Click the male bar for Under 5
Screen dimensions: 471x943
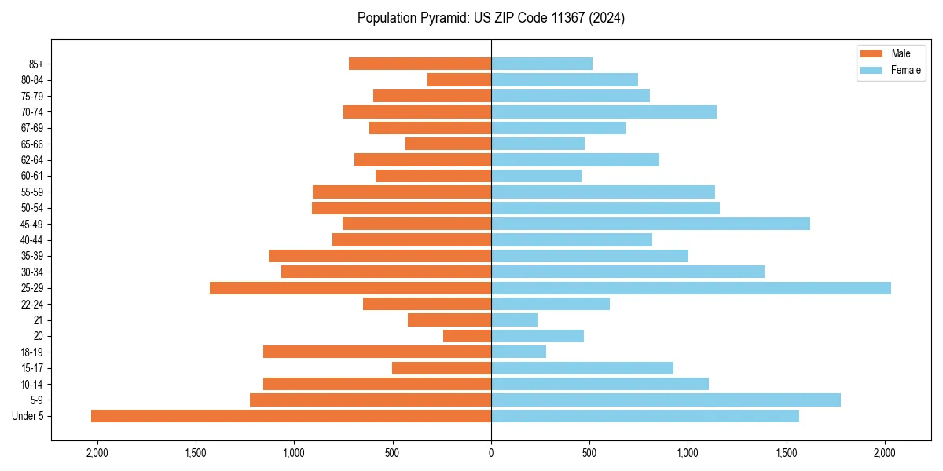click(x=291, y=416)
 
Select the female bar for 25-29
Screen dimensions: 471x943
click(x=691, y=288)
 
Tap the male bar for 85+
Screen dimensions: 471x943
click(x=420, y=64)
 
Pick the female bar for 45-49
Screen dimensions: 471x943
click(x=650, y=224)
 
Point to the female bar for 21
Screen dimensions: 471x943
click(x=514, y=320)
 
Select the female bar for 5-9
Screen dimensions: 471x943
click(x=666, y=400)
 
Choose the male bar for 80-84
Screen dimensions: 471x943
click(x=459, y=79)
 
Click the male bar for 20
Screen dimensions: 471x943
click(x=467, y=336)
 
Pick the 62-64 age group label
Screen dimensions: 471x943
click(x=32, y=160)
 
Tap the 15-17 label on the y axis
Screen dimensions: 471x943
click(x=32, y=368)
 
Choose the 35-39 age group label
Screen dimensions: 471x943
click(x=32, y=256)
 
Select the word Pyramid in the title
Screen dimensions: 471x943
click(x=443, y=18)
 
